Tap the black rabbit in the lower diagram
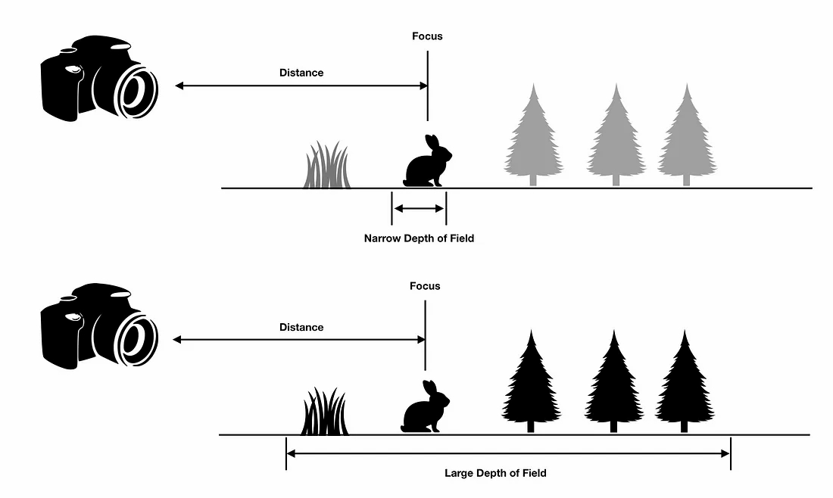pyautogui.click(x=423, y=412)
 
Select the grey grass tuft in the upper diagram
pyautogui.click(x=327, y=167)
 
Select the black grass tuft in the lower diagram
pyautogui.click(x=325, y=413)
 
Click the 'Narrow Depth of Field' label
pyautogui.click(x=419, y=238)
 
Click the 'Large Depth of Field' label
pyautogui.click(x=495, y=473)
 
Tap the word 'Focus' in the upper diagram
pyautogui.click(x=427, y=36)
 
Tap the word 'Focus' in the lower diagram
pyautogui.click(x=425, y=286)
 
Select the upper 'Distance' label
pyautogui.click(x=301, y=73)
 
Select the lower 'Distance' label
pyautogui.click(x=301, y=327)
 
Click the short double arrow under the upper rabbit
pyautogui.click(x=419, y=208)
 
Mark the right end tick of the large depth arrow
pyautogui.click(x=731, y=454)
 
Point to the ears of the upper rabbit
pyautogui.click(x=432, y=142)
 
